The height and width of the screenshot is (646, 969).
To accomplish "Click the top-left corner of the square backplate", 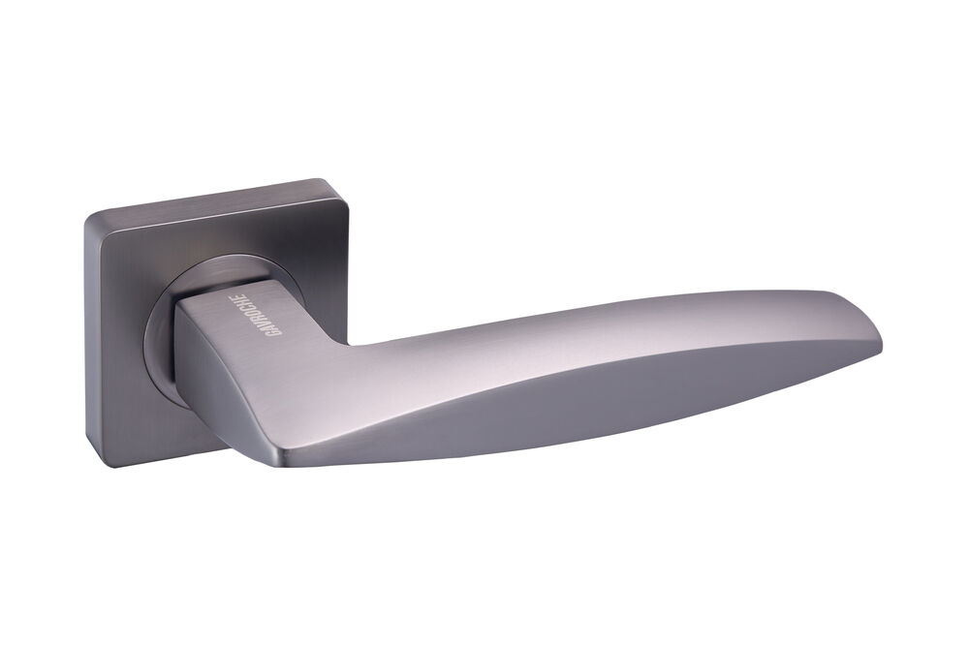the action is pos(87,216).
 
